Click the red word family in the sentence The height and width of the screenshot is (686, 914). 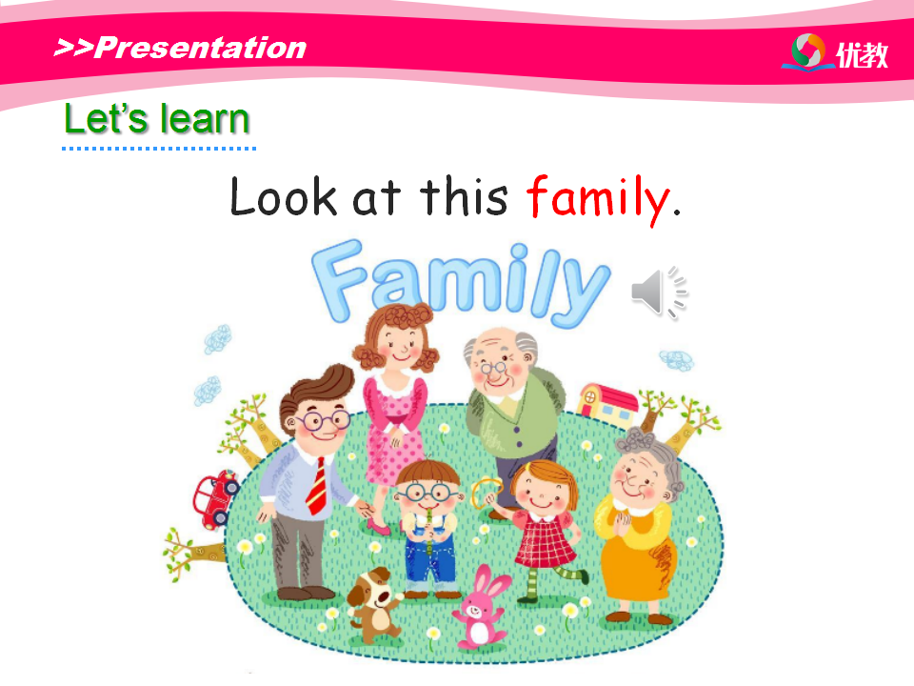(x=598, y=200)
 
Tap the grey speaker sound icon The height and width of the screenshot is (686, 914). (x=659, y=293)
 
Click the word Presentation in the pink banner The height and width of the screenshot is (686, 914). (x=200, y=48)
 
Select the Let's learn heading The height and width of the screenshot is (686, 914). (x=157, y=119)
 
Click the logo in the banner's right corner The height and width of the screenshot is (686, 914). (x=834, y=52)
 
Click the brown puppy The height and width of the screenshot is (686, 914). (x=373, y=605)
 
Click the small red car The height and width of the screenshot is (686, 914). (x=216, y=498)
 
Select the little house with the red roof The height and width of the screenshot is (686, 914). (x=606, y=401)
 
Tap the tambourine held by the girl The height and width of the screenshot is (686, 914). (x=485, y=493)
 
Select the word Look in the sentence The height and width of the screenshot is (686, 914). (x=284, y=196)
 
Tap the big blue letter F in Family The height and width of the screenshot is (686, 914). (x=339, y=279)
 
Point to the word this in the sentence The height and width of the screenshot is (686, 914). (x=464, y=196)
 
